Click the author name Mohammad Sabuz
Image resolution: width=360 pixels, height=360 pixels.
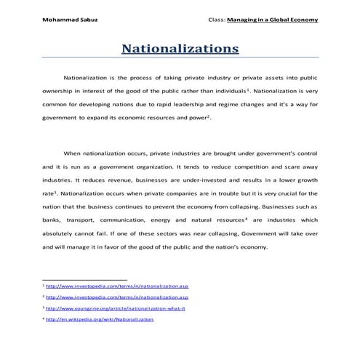click(70, 20)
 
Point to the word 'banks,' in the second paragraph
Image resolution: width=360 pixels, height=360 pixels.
click(54, 219)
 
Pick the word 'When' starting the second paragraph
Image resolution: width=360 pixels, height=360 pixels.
click(73, 153)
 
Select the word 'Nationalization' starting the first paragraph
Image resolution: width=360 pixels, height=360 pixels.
click(87, 76)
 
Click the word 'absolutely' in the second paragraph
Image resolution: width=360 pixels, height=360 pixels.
click(61, 233)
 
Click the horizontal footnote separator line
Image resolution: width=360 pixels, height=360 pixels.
click(85, 279)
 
